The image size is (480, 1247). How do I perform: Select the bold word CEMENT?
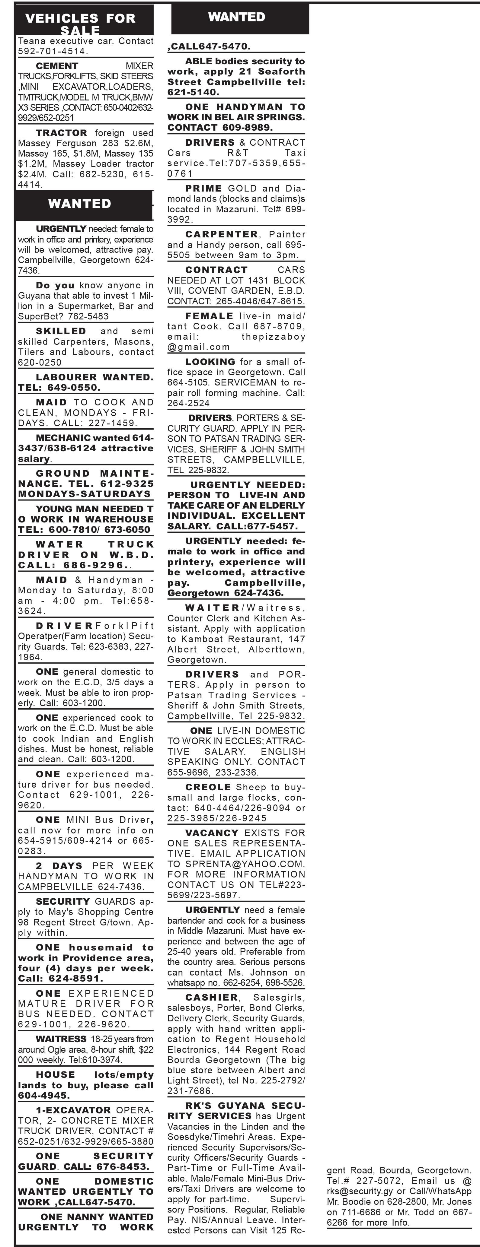click(x=57, y=66)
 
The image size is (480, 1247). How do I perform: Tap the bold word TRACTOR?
click(x=62, y=133)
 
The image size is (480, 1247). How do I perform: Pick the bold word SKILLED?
click(x=61, y=331)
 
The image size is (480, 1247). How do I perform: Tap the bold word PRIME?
click(x=203, y=188)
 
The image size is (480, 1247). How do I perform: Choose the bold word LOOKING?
click(x=210, y=362)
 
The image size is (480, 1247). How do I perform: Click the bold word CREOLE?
click(x=208, y=787)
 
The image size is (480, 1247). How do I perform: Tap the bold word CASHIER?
click(x=212, y=998)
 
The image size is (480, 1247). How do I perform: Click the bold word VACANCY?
click(x=212, y=833)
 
